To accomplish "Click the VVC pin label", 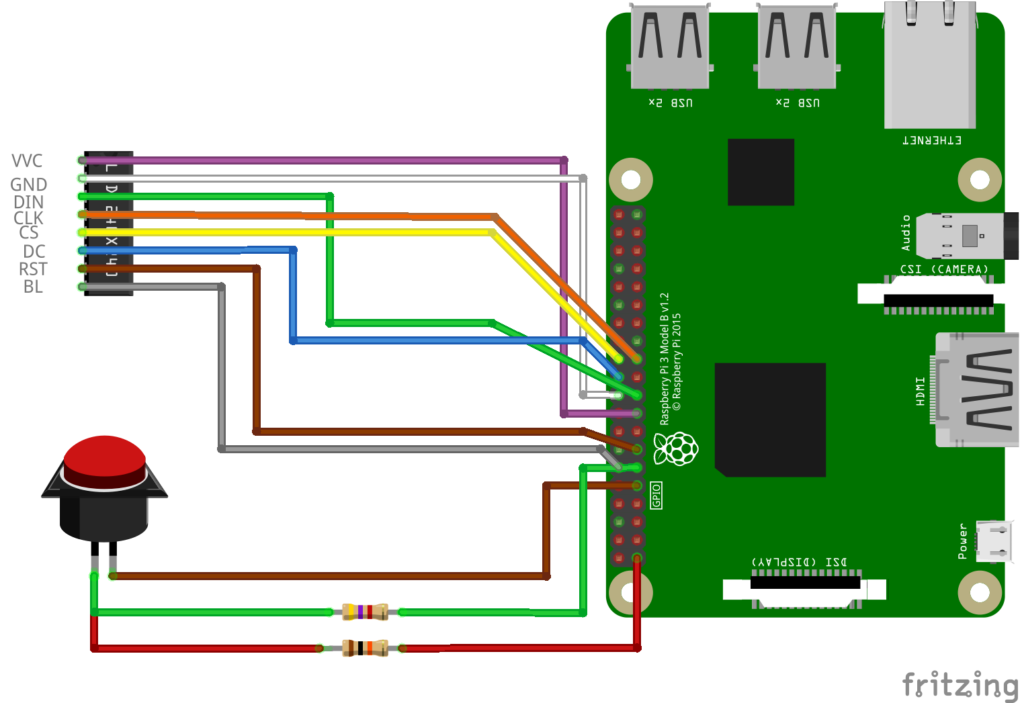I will pos(27,161).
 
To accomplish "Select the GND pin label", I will pos(28,185).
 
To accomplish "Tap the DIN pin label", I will pos(28,202).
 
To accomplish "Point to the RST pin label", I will pos(33,269).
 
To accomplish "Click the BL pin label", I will pos(33,287).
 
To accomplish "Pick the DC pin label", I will pos(34,252).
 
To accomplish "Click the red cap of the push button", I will pos(104,457).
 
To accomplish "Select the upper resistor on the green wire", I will pos(365,612).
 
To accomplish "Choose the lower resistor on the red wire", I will pos(365,648).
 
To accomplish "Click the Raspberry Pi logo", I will pos(676,449).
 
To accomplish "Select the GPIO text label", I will pos(656,495).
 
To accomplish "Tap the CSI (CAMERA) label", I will pos(944,269).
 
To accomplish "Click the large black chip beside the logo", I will pos(770,420).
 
